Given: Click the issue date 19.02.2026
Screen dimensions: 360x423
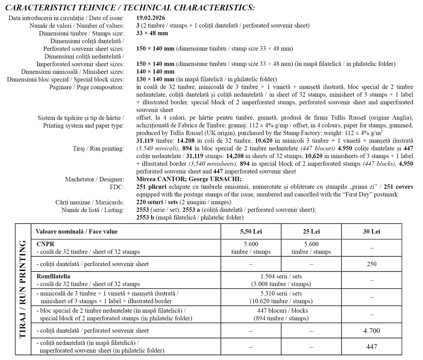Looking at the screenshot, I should (x=151, y=18).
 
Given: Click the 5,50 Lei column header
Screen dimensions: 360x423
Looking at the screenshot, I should (x=251, y=232).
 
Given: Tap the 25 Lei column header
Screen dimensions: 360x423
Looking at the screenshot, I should (x=311, y=232).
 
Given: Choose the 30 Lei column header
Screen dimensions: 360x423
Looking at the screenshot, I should (x=371, y=232).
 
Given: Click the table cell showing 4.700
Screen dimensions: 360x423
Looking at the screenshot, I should (x=371, y=331).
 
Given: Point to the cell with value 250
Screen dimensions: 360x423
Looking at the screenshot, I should (x=371, y=264).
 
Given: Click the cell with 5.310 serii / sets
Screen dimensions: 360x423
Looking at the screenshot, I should (x=281, y=294).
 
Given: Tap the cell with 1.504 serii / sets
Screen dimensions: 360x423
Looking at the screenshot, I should (x=281, y=276).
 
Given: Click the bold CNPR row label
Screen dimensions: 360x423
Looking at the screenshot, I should (x=45, y=244).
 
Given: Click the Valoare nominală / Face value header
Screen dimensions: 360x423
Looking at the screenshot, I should (x=76, y=232).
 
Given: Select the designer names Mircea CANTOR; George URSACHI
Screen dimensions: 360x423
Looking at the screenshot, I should (x=189, y=179).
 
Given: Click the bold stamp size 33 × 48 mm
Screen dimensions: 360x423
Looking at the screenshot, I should (x=152, y=33).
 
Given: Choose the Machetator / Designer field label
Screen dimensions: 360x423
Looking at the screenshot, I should (x=94, y=179).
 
